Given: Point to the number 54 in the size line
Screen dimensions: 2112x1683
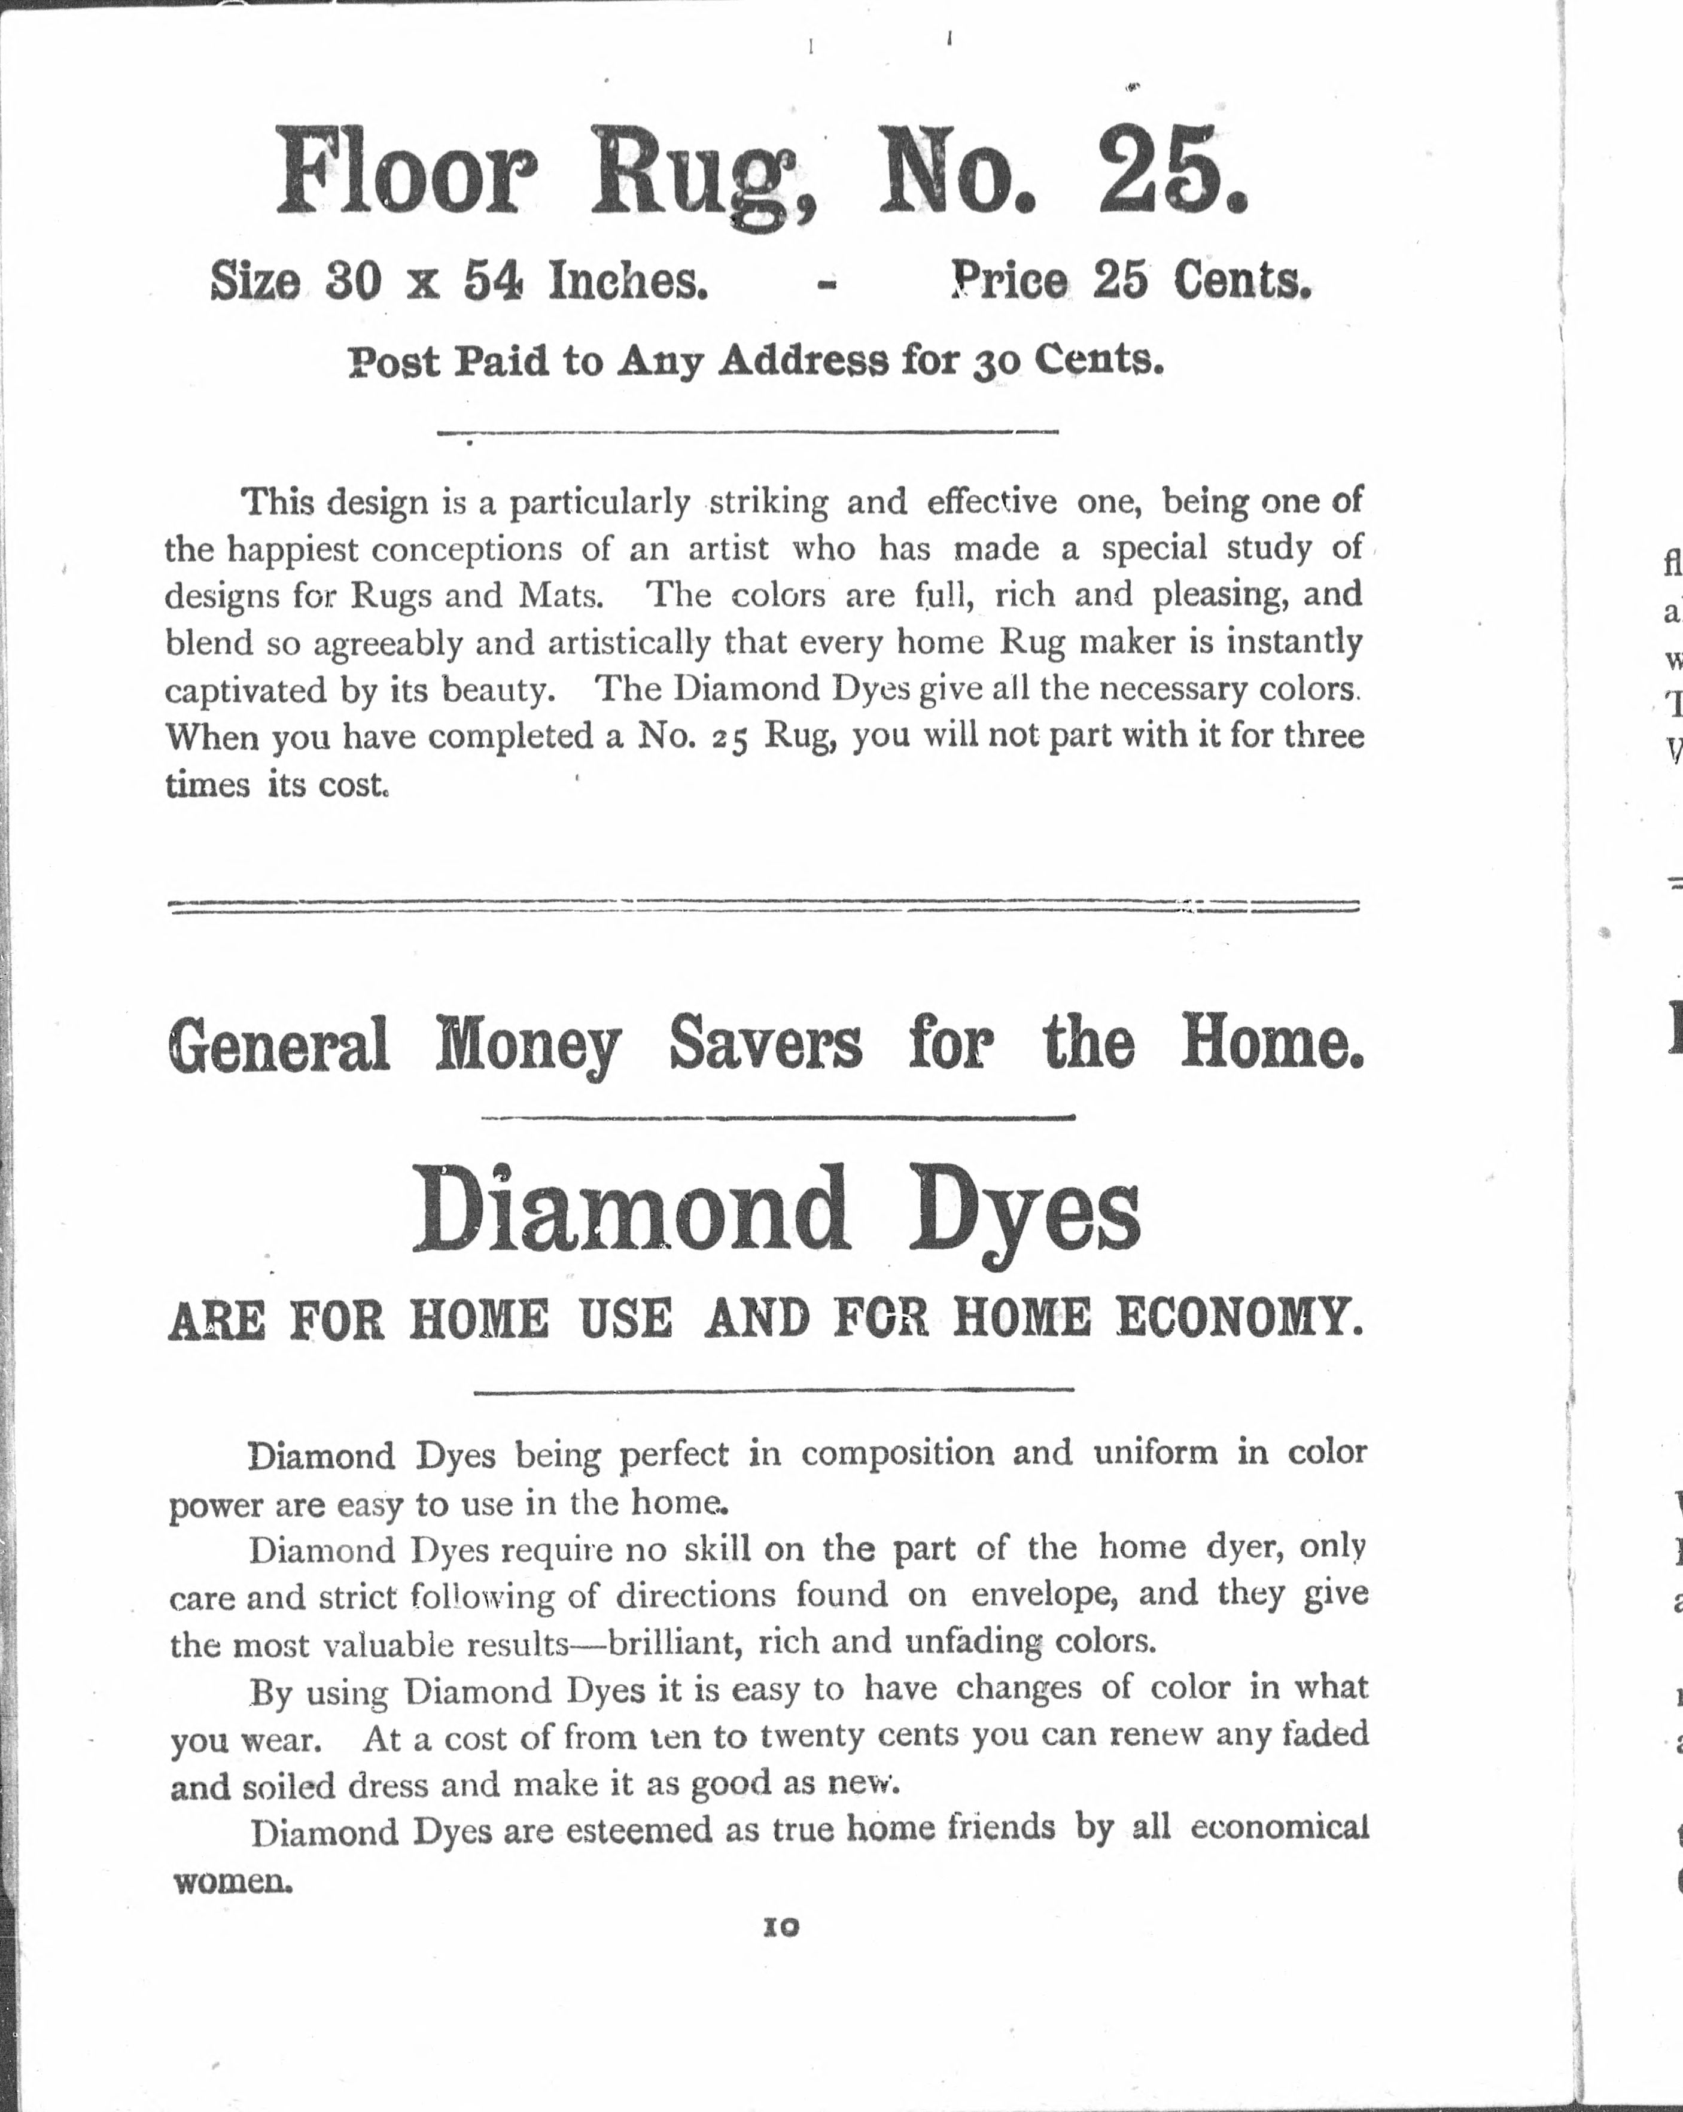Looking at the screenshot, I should click(494, 282).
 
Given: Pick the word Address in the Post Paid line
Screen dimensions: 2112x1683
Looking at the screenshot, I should click(804, 363).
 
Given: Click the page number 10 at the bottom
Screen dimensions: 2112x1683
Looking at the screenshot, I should click(781, 1927).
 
